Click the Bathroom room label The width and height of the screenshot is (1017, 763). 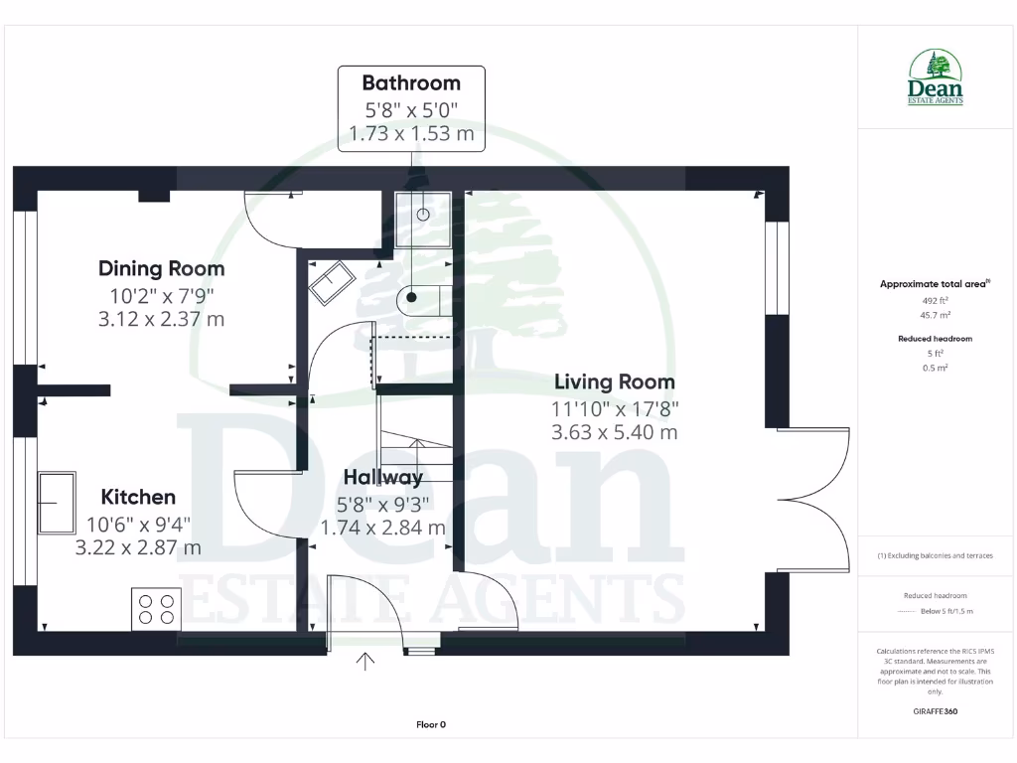pos(411,82)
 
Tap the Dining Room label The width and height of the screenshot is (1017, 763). pos(162,268)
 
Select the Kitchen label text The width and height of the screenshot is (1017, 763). pos(138,497)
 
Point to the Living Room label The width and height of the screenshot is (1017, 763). pos(614,381)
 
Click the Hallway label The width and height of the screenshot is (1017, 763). pos(382,478)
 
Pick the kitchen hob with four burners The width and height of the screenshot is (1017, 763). pos(157,607)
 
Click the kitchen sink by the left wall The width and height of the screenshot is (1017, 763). pos(56,503)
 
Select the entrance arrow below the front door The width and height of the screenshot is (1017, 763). pos(365,661)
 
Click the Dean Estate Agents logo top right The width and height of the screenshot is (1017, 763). pos(935,79)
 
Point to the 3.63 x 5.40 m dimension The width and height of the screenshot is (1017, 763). pos(614,432)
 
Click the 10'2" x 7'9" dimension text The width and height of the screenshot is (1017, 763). pos(162,295)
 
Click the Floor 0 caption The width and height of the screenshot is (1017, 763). pos(431,724)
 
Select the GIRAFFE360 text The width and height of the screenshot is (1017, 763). pos(934,711)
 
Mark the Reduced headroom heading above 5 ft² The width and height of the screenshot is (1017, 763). pos(935,339)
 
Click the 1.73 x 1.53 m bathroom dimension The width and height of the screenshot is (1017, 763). pos(411,132)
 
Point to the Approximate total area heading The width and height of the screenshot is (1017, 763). pos(933,284)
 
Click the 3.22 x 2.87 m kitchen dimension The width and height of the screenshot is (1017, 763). pos(138,547)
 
